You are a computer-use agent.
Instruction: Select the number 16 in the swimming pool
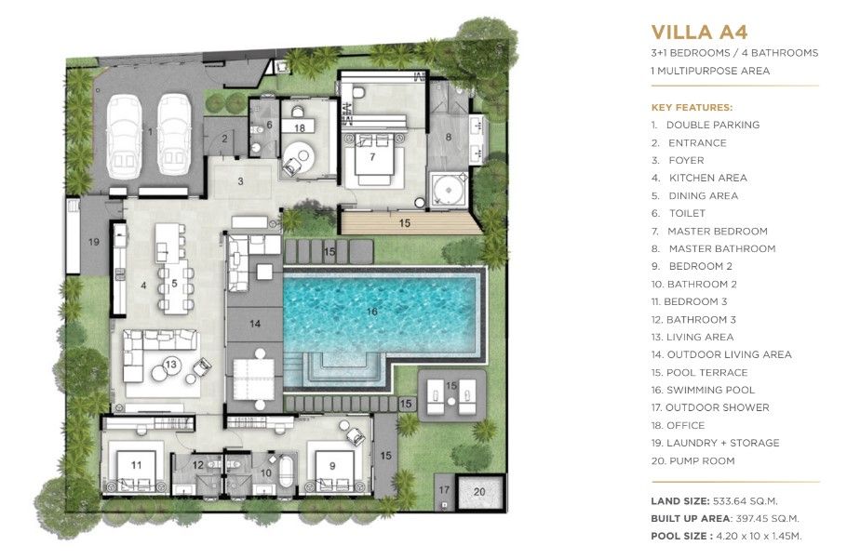tap(372, 311)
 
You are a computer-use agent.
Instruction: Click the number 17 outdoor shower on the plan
tap(444, 490)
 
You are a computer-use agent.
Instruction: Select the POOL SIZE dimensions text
tap(757, 536)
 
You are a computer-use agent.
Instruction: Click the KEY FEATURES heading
tap(691, 107)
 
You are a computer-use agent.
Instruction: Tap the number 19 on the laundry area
tap(93, 242)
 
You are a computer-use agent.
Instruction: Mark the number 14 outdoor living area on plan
tap(254, 323)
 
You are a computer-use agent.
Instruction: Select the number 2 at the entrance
tap(223, 140)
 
